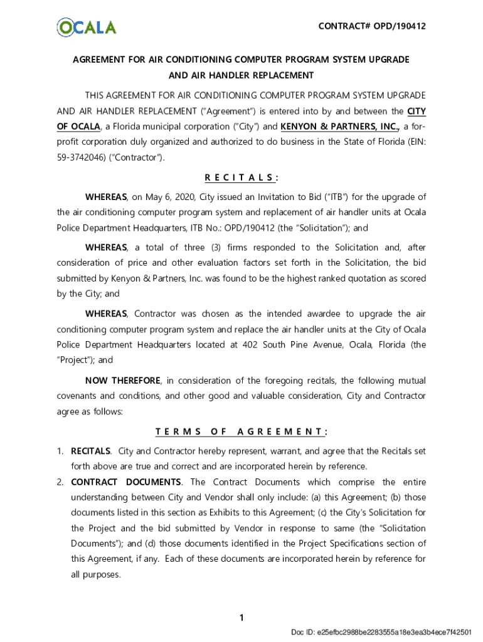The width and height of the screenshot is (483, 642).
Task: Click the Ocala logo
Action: click(87, 27)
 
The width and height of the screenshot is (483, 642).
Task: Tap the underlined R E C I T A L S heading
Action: click(241, 177)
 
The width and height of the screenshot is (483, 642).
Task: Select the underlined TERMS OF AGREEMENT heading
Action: click(241, 431)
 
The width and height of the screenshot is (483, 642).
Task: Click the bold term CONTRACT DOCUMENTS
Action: click(126, 482)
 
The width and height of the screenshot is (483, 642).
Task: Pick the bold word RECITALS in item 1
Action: click(91, 451)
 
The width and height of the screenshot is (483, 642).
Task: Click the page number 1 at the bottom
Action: click(241, 618)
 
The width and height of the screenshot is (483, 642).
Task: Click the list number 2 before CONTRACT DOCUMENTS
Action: click(60, 482)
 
